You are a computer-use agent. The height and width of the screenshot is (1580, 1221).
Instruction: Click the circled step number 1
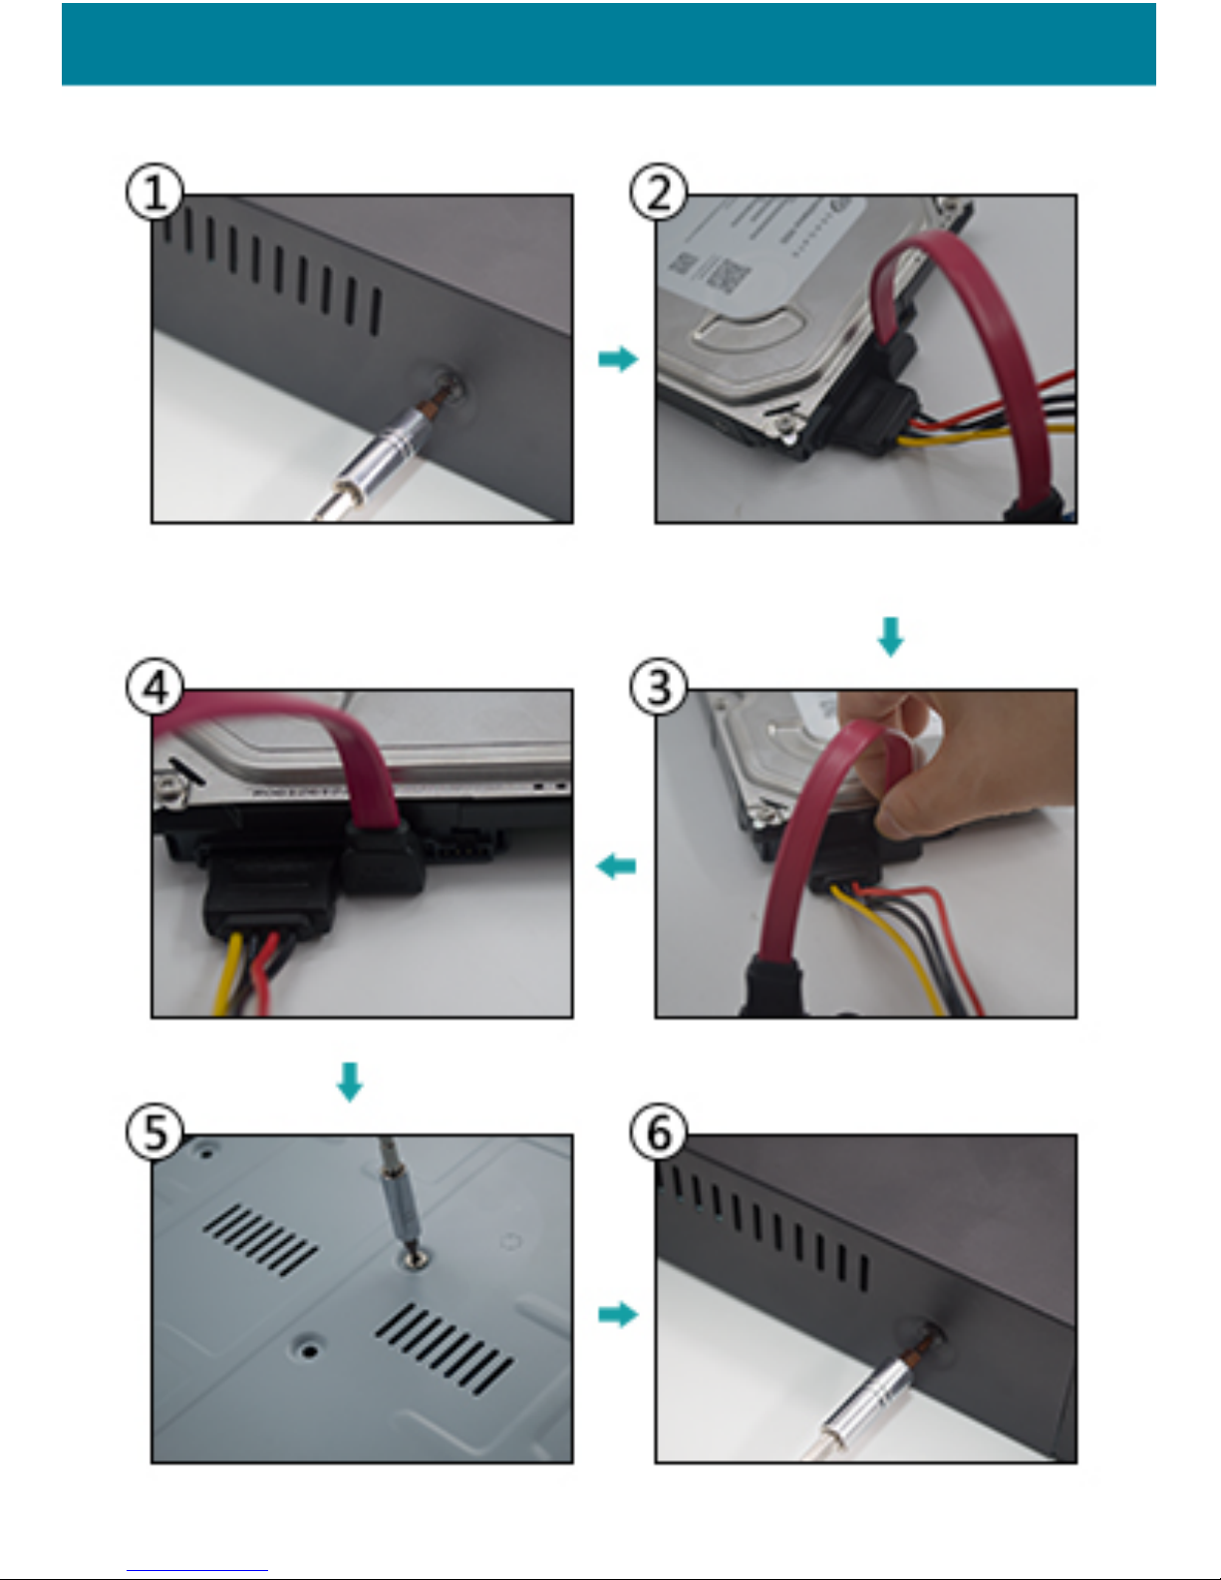point(154,193)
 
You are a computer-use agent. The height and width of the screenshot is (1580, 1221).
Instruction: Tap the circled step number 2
point(659,193)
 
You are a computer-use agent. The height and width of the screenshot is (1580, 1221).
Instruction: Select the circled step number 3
point(659,687)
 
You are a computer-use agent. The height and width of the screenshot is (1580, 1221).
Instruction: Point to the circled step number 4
point(154,687)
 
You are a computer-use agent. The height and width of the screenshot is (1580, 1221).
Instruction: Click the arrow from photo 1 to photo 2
point(617,359)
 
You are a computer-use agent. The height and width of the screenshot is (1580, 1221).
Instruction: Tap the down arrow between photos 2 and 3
point(890,636)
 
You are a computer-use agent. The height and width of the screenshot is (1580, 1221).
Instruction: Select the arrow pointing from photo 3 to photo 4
point(616,865)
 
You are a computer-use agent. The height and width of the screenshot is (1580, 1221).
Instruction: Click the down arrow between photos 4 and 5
point(349,1082)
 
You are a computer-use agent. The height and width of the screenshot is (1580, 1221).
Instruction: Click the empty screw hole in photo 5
point(310,1351)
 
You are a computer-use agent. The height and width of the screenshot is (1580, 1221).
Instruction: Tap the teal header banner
point(608,44)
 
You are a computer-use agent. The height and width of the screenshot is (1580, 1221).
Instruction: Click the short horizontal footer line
point(197,1570)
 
